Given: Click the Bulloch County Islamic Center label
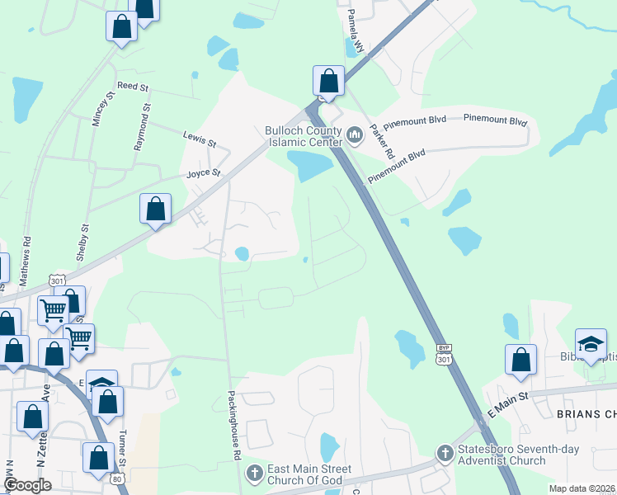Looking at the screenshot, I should click(x=304, y=136).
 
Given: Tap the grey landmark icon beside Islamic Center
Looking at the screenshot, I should click(x=355, y=133).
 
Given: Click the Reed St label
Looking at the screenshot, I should click(x=132, y=86).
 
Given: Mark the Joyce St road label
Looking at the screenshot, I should click(x=204, y=174).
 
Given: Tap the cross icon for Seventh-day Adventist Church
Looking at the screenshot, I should click(x=445, y=453).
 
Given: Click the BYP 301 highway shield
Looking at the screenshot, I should click(x=444, y=354).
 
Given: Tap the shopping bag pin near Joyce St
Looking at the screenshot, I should click(x=156, y=210).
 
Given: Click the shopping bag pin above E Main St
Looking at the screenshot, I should click(x=520, y=361).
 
